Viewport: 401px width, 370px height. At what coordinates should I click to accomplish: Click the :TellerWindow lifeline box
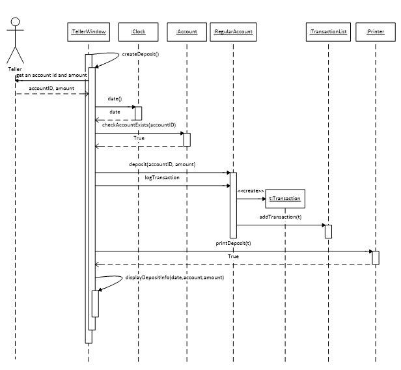click(x=89, y=31)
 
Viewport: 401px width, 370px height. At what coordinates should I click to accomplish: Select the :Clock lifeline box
click(x=138, y=31)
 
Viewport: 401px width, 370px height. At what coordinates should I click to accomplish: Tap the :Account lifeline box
click(x=186, y=31)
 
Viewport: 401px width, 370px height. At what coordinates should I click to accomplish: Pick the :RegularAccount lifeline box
click(x=233, y=31)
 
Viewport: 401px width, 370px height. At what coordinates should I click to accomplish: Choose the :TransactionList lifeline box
click(x=329, y=31)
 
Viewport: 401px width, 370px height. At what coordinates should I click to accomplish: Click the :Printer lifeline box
click(x=376, y=31)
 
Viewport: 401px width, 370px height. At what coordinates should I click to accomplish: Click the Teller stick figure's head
click(x=14, y=23)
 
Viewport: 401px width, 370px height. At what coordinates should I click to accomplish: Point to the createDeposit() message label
click(x=141, y=54)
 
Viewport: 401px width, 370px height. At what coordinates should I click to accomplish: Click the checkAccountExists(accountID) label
click(x=139, y=124)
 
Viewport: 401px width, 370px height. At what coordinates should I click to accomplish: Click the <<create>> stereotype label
click(x=251, y=191)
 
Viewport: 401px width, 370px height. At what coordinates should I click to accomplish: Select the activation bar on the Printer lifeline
click(x=376, y=257)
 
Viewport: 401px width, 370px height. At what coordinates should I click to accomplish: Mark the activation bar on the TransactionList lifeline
click(x=328, y=231)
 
